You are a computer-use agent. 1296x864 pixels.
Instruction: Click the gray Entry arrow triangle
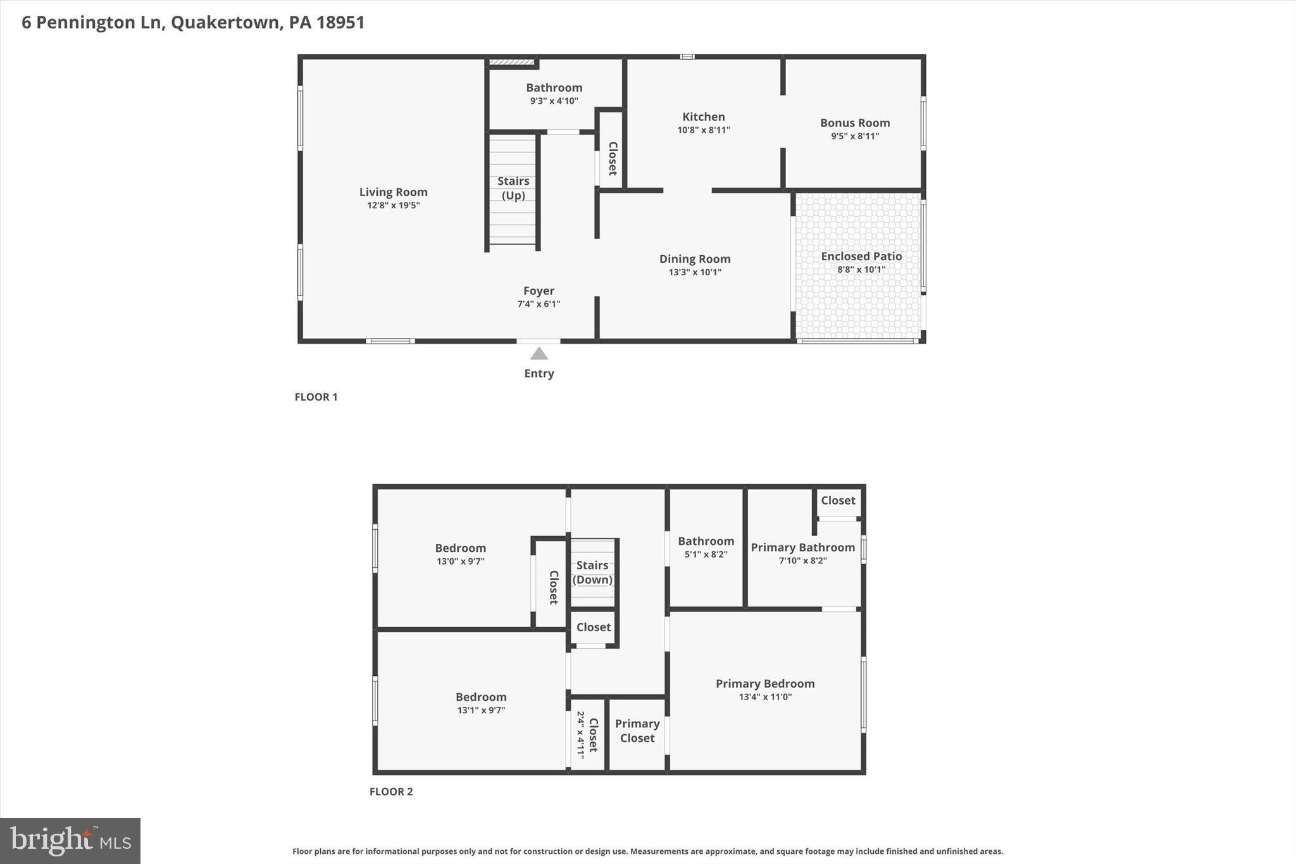(539, 354)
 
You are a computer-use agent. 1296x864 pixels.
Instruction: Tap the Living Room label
(393, 192)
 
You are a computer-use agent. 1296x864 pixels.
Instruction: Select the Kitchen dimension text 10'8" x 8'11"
(703, 130)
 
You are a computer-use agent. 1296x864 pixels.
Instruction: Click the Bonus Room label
(854, 123)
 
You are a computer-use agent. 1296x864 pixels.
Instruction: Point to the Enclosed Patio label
(861, 256)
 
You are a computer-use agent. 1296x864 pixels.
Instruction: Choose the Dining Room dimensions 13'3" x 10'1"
(695, 272)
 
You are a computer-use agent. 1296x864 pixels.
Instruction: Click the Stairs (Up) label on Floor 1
(513, 188)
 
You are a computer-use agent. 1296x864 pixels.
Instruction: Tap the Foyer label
(539, 291)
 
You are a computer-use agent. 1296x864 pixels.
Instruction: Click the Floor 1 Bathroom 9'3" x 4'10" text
(554, 101)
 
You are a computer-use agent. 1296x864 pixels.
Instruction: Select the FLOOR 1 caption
(316, 397)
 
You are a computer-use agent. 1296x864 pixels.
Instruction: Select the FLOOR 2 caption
(390, 791)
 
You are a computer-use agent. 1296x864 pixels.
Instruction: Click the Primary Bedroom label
(764, 684)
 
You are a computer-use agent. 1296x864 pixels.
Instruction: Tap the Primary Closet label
(637, 730)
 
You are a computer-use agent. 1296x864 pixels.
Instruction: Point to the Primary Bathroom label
(802, 548)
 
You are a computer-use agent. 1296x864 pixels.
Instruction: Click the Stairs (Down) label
(592, 572)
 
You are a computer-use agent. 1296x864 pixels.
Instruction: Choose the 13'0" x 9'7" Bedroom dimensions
(460, 561)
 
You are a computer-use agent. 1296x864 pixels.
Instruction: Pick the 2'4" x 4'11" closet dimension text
(580, 735)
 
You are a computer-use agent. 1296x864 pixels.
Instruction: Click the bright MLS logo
(70, 841)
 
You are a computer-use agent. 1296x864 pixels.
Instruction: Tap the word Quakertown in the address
(225, 23)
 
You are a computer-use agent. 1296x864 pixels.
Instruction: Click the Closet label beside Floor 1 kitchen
(613, 158)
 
